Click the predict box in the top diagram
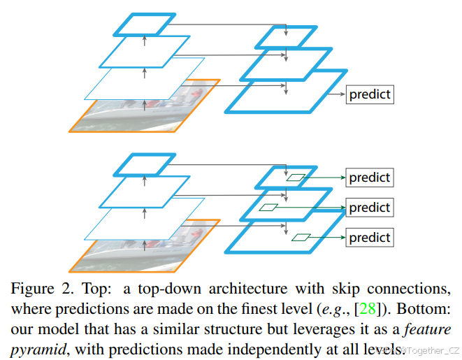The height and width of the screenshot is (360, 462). pos(370,94)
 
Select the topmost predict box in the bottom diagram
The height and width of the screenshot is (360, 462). pos(370,178)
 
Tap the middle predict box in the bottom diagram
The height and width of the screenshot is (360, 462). pos(370,208)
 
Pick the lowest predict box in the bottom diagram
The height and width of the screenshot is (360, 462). pos(370,237)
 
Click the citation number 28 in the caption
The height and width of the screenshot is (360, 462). pos(368,308)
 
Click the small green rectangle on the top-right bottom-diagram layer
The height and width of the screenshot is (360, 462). pos(297,178)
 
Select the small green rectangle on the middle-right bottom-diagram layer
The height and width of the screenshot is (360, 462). pos(268,207)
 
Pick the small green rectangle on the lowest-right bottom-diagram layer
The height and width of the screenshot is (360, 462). pos(301,237)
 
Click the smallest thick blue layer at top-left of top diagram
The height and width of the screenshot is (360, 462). pos(145,23)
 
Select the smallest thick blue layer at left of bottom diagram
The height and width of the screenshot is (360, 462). pos(145,164)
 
